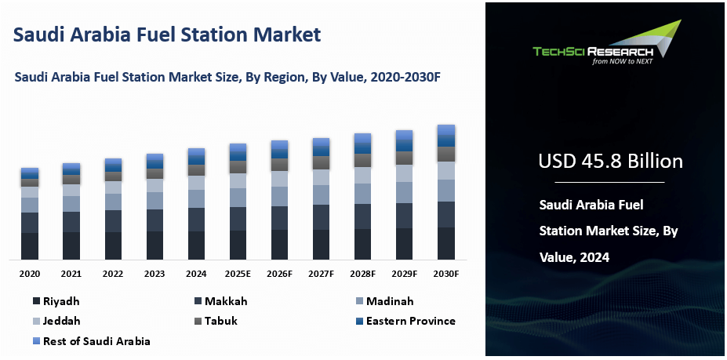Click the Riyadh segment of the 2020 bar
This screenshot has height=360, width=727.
click(x=30, y=245)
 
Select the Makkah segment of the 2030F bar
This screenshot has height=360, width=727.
click(x=446, y=214)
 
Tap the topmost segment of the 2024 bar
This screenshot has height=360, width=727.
click(x=196, y=152)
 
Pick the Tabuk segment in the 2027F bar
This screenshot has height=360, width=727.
click(x=321, y=162)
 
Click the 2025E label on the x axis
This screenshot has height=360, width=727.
click(x=238, y=274)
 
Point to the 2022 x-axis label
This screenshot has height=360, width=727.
click(x=113, y=274)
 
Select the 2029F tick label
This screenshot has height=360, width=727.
click(x=404, y=274)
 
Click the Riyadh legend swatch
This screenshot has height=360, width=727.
click(x=37, y=301)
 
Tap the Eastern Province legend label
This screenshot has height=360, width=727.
click(x=411, y=321)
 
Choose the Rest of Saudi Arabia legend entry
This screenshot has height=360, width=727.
click(x=92, y=341)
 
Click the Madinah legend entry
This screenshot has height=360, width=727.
click(x=385, y=301)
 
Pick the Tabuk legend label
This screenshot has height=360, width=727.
click(x=221, y=321)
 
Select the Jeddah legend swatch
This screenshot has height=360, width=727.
click(x=37, y=321)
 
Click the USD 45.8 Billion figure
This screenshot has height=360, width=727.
click(x=610, y=161)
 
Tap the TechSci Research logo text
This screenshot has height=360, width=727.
click(x=593, y=52)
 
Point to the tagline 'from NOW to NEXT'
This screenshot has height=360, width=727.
click(x=622, y=61)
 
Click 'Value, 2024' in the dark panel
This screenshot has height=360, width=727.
click(x=574, y=256)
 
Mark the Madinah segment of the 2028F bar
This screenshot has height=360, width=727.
click(x=362, y=194)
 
